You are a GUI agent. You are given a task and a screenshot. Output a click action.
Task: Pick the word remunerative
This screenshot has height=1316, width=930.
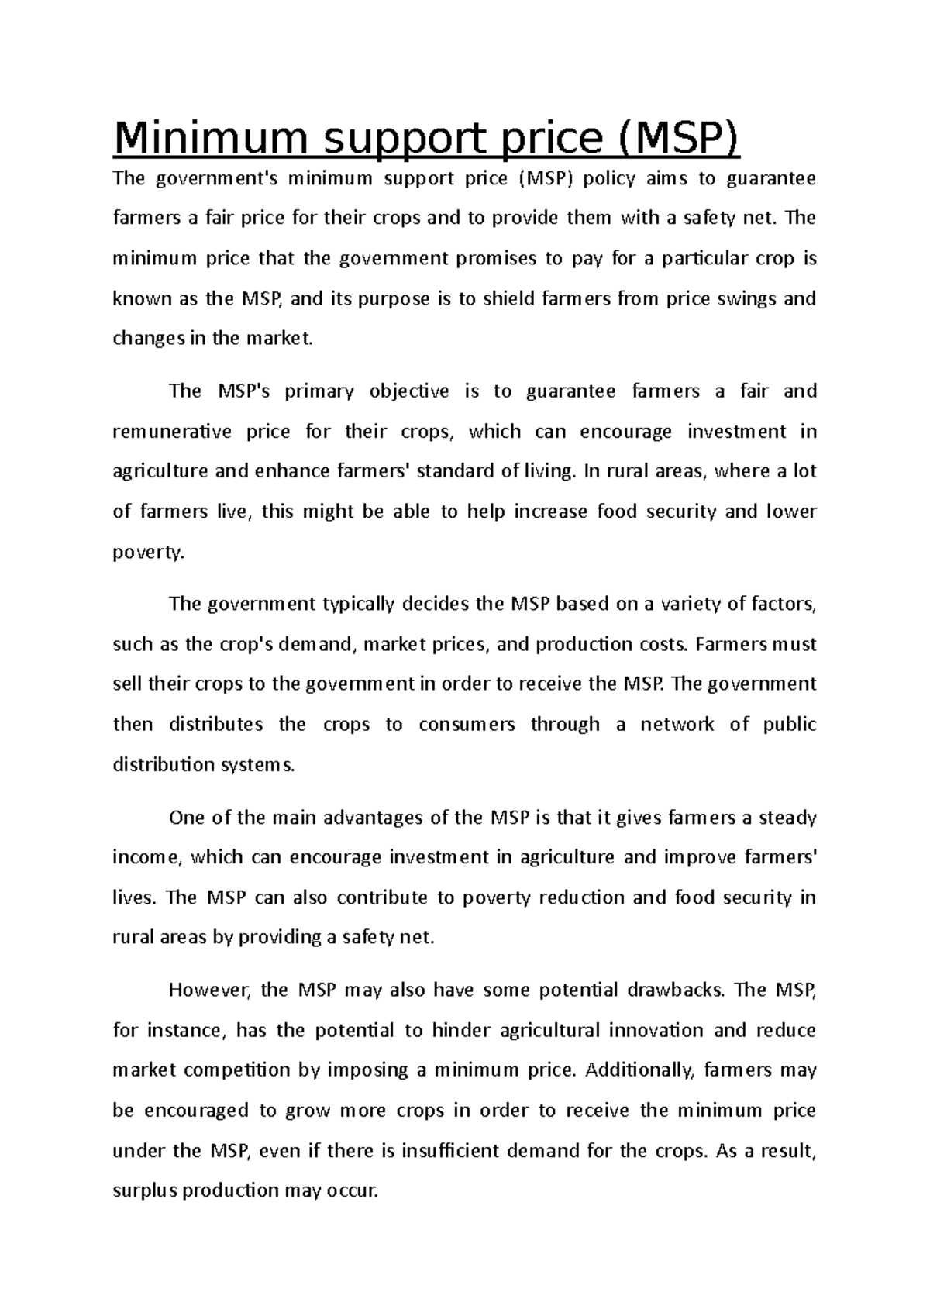tap(172, 432)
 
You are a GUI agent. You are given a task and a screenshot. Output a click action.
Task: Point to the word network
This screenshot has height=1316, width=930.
tap(677, 725)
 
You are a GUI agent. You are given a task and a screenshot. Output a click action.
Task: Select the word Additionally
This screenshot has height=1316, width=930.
tap(642, 1070)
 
